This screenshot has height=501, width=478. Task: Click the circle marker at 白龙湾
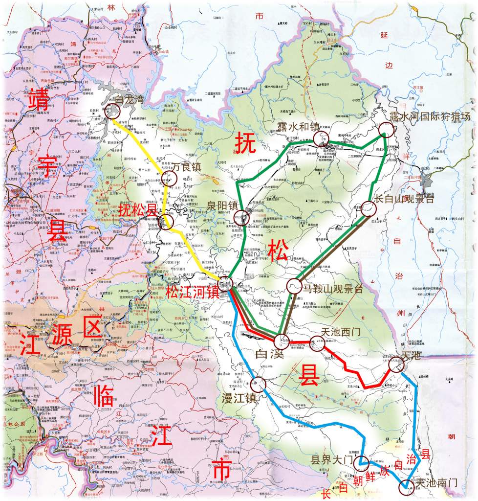(x=113, y=112)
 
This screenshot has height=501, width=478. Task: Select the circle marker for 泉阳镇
(x=241, y=218)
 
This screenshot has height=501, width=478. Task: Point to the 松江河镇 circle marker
(x=225, y=282)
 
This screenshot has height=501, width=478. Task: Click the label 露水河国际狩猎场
(x=430, y=116)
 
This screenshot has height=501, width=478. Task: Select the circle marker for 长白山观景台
(x=369, y=209)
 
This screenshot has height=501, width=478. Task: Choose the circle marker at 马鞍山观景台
(x=293, y=286)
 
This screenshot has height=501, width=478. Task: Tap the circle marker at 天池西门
(x=317, y=345)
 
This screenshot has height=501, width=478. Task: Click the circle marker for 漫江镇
(x=258, y=385)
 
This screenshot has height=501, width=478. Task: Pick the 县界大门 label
(x=331, y=460)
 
